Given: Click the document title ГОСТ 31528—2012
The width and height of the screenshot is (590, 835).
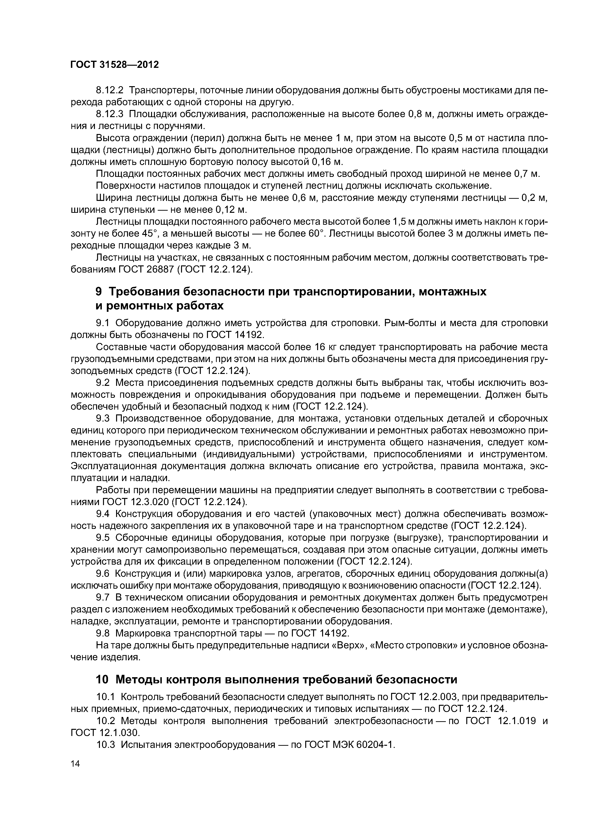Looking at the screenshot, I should (114, 65).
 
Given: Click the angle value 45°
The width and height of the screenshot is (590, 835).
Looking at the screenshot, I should (151, 234).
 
